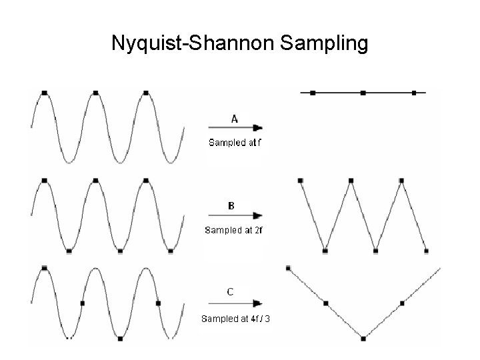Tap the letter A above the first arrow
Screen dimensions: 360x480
point(235,119)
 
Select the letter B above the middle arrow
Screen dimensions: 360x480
point(231,206)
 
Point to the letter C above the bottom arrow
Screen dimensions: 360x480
point(230,291)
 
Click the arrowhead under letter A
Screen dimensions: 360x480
point(258,127)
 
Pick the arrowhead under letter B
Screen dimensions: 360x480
point(258,215)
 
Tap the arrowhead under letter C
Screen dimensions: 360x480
point(258,302)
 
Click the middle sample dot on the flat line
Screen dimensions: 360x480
point(363,93)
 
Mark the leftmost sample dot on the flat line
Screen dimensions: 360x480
point(312,93)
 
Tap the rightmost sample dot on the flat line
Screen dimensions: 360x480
point(414,93)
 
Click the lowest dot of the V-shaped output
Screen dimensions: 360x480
point(363,338)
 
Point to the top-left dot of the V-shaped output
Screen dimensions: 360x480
point(288,268)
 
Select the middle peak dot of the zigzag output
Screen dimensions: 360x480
point(351,180)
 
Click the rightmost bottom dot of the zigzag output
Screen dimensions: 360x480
point(427,251)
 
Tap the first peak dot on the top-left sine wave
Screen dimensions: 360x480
point(44,93)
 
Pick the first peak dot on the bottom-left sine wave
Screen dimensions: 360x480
point(44,267)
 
